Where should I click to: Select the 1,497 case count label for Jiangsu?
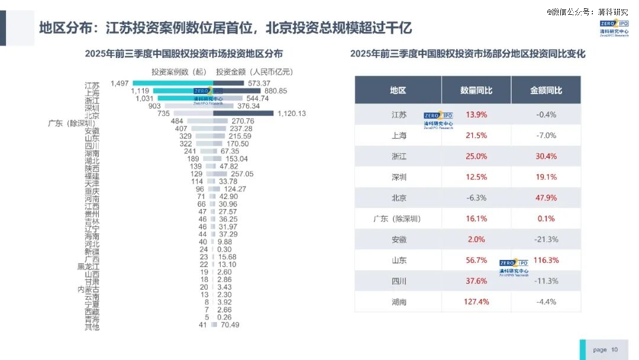(120, 83)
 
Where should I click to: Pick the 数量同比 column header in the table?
(476, 91)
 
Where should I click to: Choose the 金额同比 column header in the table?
(546, 91)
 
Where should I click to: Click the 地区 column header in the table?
(398, 91)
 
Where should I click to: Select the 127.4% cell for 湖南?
(476, 302)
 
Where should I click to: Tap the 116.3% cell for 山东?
(546, 260)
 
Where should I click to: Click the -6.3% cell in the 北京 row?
(476, 198)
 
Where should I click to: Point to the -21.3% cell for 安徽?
(546, 239)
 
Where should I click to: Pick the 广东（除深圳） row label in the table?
(398, 218)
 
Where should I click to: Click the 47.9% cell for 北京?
(546, 198)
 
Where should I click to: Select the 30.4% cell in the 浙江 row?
(546, 156)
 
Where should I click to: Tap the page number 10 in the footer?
(615, 350)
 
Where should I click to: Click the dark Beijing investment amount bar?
(243, 113)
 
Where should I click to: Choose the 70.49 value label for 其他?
(228, 325)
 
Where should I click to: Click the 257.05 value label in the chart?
(242, 174)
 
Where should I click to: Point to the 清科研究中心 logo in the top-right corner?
(614, 28)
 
